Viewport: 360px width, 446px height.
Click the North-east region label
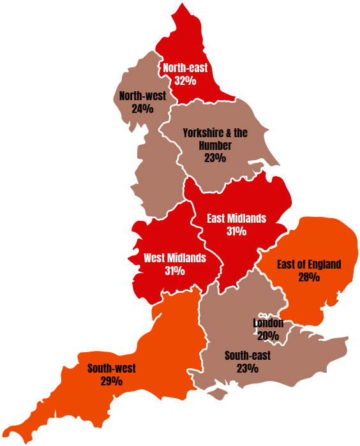pyautogui.click(x=185, y=68)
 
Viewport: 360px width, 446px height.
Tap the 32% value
pyautogui.click(x=185, y=81)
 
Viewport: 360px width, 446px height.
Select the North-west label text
pyautogui.click(x=142, y=96)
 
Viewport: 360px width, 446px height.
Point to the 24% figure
pyautogui.click(x=142, y=108)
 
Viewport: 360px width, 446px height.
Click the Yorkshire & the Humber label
pyautogui.click(x=215, y=133)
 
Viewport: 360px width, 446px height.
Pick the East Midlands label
pyautogui.click(x=236, y=218)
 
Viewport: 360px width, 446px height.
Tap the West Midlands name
pyautogui.click(x=175, y=258)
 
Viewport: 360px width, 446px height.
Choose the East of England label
pyautogui.click(x=309, y=264)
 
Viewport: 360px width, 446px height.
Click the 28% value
pyautogui.click(x=309, y=277)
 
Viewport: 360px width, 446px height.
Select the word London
pyautogui.click(x=268, y=323)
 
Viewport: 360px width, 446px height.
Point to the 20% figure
pyautogui.click(x=268, y=336)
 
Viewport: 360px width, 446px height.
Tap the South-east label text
pyautogui.click(x=248, y=355)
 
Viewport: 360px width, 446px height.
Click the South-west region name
pyautogui.click(x=112, y=368)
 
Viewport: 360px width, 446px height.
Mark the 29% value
pyautogui.click(x=112, y=382)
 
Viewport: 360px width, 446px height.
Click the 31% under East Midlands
pyautogui.click(x=236, y=232)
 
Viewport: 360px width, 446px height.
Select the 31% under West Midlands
pyautogui.click(x=175, y=271)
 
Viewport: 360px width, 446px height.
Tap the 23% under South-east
pyautogui.click(x=248, y=369)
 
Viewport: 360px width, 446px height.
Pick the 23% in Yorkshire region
pyautogui.click(x=215, y=158)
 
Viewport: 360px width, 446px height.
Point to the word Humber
pyautogui.click(x=215, y=145)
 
